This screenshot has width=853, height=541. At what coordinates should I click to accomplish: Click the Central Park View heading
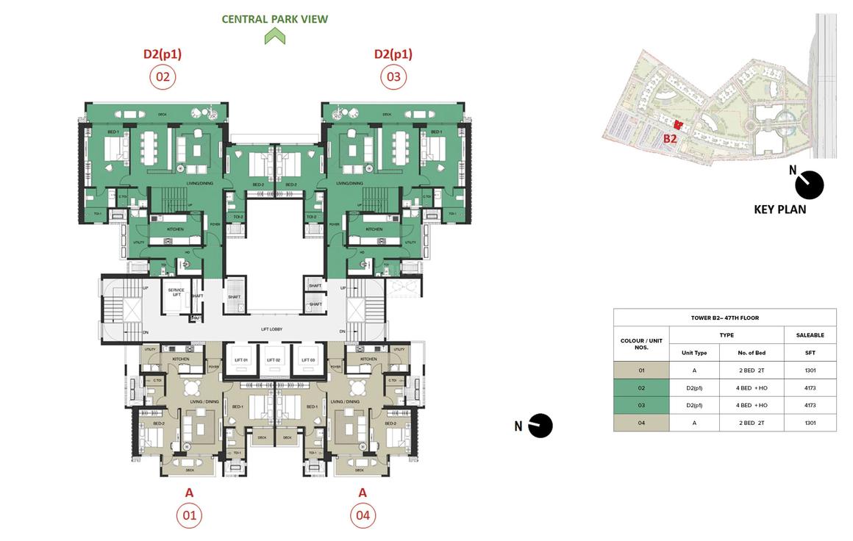coord(275,19)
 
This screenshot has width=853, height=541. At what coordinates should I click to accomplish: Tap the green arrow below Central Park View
coord(275,36)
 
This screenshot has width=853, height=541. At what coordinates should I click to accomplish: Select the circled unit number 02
coord(163,76)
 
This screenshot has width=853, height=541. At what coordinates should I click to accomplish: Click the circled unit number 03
coord(393,76)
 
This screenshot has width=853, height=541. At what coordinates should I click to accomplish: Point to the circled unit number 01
coord(189,515)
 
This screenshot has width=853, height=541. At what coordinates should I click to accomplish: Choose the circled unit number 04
coord(363,515)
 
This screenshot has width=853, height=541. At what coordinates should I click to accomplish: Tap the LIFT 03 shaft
coord(308,360)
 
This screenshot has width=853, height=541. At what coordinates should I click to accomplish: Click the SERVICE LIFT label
coord(176,292)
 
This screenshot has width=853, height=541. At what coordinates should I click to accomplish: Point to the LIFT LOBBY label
coord(271,329)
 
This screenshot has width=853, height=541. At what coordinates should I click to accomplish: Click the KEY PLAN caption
coord(779,209)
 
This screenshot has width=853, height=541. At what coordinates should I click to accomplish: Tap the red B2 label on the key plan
coord(670,138)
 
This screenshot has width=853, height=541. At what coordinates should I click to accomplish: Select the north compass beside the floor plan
coord(540,426)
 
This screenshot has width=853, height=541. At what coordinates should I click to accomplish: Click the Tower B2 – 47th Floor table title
coord(724,318)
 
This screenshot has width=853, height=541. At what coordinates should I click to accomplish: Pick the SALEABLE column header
coord(810,335)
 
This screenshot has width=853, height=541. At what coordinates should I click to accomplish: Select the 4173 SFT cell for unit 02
coord(810,387)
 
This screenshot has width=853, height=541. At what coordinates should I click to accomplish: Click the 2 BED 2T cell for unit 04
coord(752,423)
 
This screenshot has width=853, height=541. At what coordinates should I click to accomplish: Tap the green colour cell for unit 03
coord(641,405)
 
